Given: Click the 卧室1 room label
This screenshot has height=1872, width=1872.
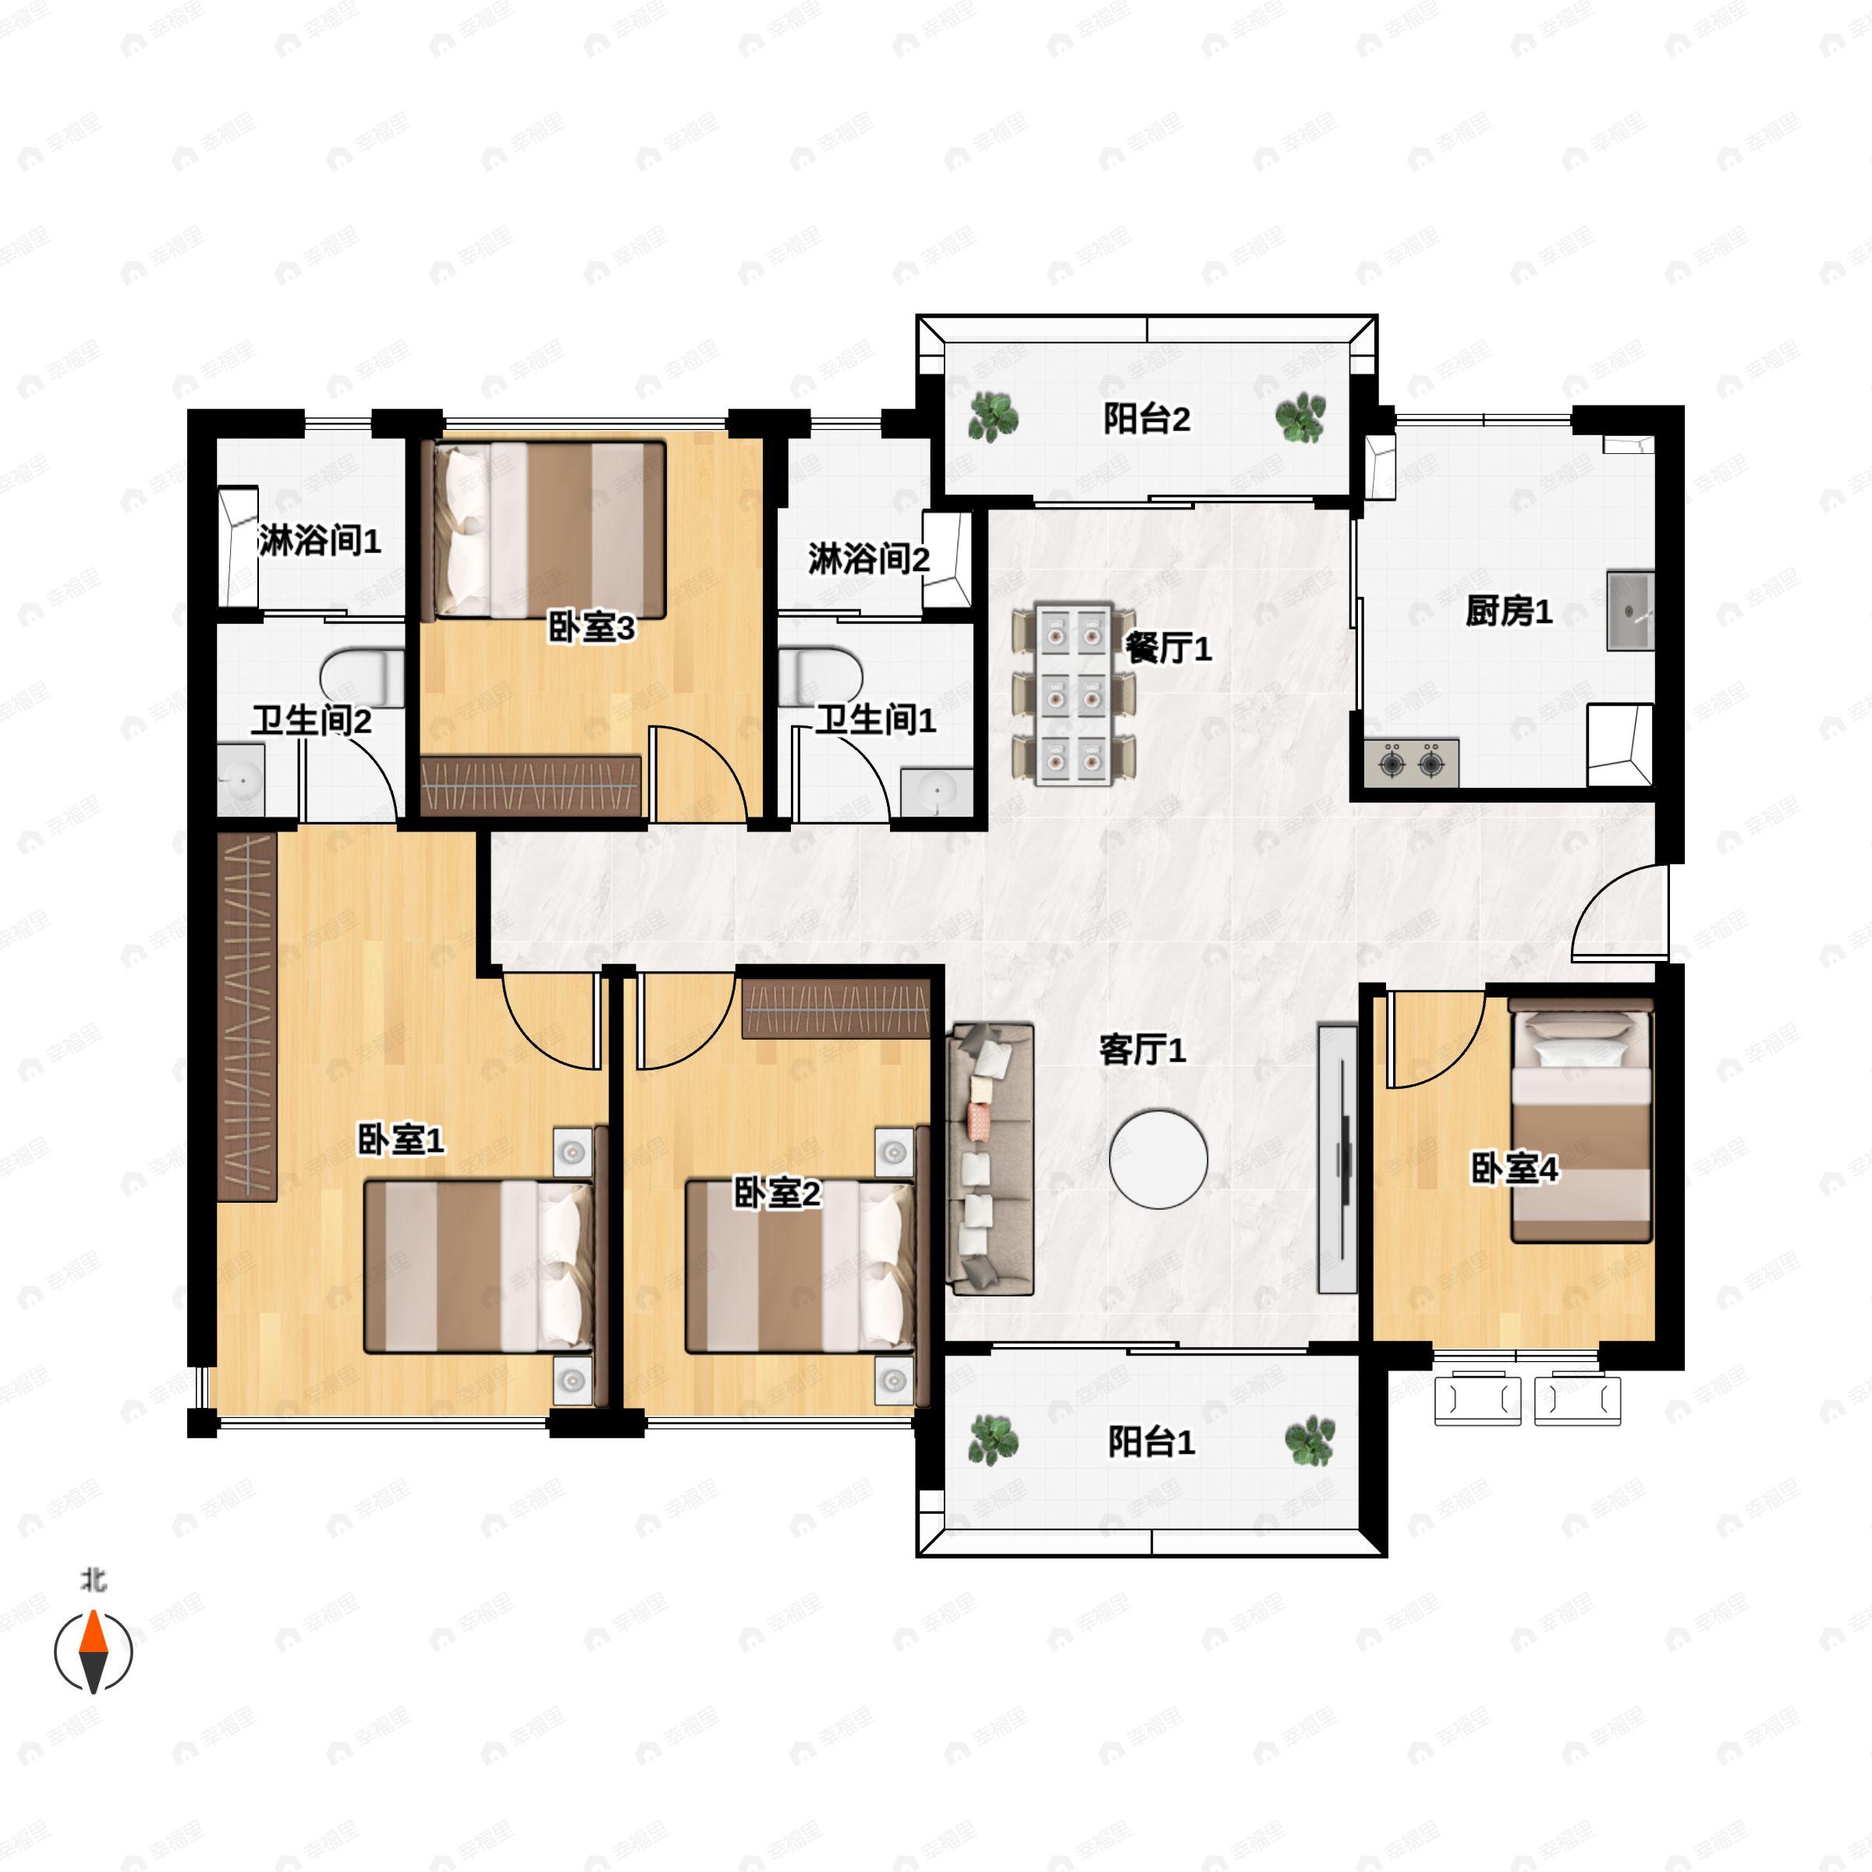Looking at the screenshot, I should [401, 1140].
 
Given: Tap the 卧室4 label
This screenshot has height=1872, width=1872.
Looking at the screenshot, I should [1513, 1168].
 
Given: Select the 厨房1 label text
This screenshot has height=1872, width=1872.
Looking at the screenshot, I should [1509, 612].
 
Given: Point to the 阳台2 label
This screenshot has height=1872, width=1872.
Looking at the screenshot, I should [1147, 419].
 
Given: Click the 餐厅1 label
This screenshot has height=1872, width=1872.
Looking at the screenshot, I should [1168, 648].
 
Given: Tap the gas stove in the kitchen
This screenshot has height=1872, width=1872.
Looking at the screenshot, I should [1412, 763].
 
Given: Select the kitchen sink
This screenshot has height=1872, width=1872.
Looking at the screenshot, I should [1629, 611].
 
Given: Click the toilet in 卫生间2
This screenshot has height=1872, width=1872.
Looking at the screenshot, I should [360, 677].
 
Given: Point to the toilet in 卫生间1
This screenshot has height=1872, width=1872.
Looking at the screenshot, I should [820, 675].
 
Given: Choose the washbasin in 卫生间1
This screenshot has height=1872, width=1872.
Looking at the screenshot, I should [936, 792].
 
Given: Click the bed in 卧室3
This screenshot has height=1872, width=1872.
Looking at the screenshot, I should [548, 530].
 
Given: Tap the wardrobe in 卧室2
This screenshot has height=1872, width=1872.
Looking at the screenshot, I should [835, 1009].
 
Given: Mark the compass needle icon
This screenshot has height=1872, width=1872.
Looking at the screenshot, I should [93, 1651].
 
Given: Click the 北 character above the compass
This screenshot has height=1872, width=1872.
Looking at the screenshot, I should [93, 1580].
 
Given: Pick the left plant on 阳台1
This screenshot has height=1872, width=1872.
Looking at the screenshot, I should [993, 1440].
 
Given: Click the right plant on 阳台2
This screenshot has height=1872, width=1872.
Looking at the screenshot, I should [1299, 417].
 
